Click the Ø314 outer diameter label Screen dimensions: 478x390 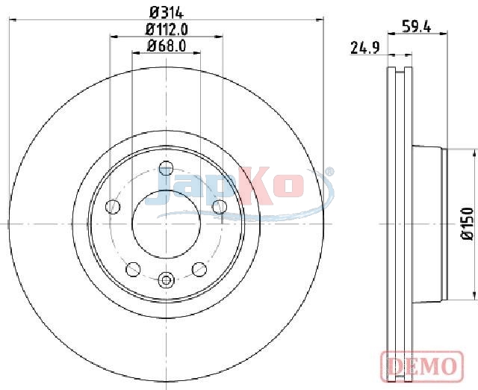[167, 13]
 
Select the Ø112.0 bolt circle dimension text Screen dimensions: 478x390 [167, 30]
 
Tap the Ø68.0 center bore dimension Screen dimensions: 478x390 [167, 46]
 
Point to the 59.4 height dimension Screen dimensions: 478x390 [417, 26]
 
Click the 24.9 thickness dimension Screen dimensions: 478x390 [365, 48]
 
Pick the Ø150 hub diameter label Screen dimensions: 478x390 [468, 223]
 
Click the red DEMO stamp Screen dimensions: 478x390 [422, 365]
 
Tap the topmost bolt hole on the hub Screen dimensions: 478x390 [166, 168]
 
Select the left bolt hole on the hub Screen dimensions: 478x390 [113, 207]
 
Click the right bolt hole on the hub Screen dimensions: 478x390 [220, 207]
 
